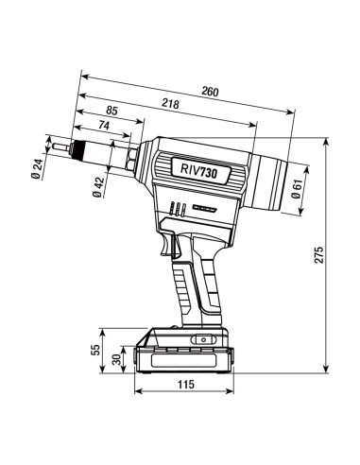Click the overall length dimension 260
(209, 91)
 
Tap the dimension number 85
(112, 112)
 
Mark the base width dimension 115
(185, 385)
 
